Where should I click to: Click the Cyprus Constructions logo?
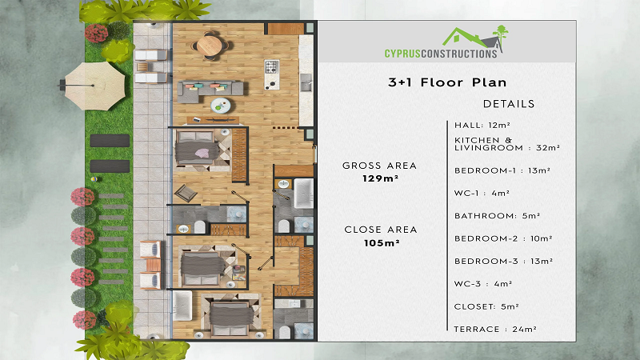(446, 42)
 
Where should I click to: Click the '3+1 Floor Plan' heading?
(447, 82)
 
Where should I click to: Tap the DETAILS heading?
(509, 104)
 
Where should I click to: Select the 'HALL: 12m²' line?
(482, 126)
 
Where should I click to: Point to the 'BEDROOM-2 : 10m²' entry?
(503, 238)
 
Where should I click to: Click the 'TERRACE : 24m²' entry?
(495, 329)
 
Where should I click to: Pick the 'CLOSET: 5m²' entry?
(486, 306)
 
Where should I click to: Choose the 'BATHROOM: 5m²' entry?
(497, 216)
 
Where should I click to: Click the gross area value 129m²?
(381, 178)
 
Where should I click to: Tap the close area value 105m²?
(382, 243)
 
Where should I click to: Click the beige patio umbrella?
(94, 86)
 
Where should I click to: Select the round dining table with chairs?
(210, 45)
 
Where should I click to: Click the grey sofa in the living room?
(210, 91)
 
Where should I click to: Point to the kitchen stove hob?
(272, 67)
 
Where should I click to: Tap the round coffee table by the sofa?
(221, 106)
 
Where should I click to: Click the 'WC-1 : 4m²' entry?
(482, 193)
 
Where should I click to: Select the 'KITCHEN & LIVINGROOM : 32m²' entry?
(507, 144)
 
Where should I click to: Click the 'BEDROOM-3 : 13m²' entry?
(504, 262)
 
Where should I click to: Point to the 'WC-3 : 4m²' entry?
(483, 284)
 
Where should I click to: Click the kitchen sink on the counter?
(306, 83)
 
